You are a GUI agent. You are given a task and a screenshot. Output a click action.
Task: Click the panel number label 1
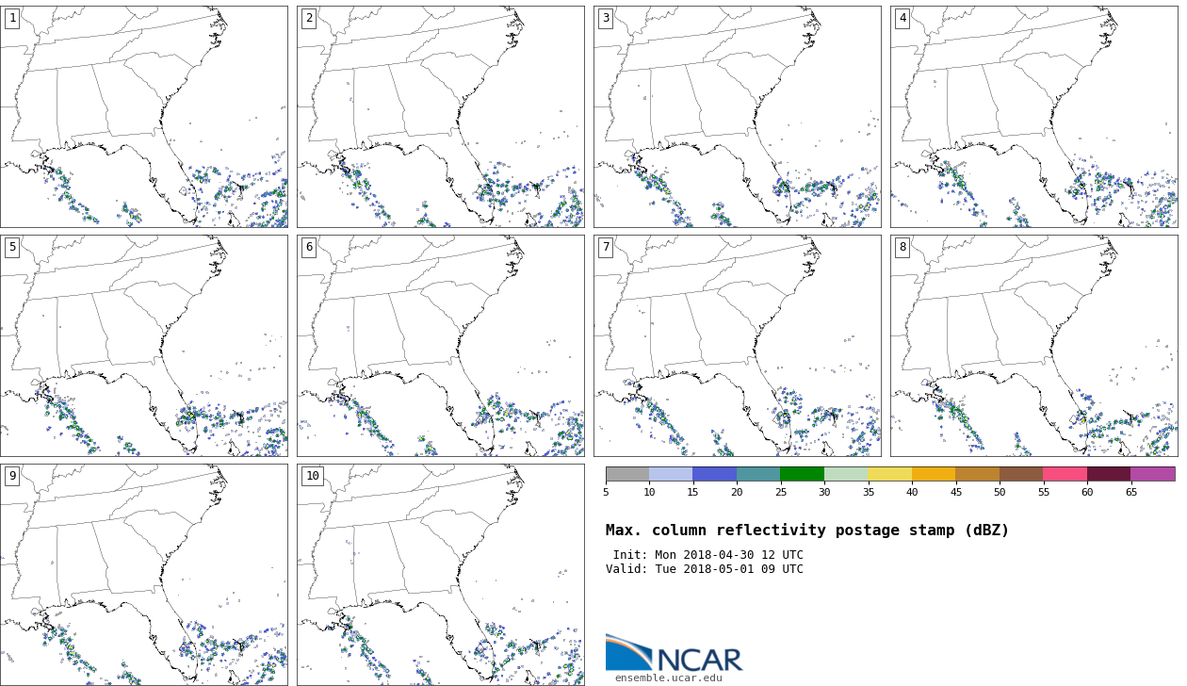(x=12, y=18)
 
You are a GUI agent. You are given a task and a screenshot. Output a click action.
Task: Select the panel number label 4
(x=902, y=18)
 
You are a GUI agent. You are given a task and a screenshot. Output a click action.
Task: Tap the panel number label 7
(x=606, y=247)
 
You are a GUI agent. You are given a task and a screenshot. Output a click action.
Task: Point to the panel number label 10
(x=312, y=476)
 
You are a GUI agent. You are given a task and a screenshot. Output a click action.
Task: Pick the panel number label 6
(x=309, y=247)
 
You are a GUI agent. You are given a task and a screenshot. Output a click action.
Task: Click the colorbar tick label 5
(x=606, y=492)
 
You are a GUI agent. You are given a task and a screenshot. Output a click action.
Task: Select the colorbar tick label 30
(x=824, y=492)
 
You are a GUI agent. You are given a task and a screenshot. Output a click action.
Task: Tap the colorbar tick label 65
(x=1130, y=492)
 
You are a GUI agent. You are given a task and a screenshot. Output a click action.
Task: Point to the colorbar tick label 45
(x=955, y=492)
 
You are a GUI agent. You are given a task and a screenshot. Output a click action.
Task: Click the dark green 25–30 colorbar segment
(x=802, y=474)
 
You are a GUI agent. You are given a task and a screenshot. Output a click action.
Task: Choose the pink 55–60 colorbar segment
(x=1065, y=474)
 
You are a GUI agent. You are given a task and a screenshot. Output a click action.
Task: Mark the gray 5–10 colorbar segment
(x=627, y=474)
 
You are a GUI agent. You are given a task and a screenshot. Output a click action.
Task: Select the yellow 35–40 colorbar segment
(x=889, y=474)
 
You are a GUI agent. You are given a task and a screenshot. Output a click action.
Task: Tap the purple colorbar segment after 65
(x=1152, y=474)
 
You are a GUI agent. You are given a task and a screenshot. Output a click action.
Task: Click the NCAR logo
(x=674, y=653)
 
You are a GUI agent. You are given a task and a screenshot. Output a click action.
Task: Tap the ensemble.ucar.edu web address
(x=669, y=678)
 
